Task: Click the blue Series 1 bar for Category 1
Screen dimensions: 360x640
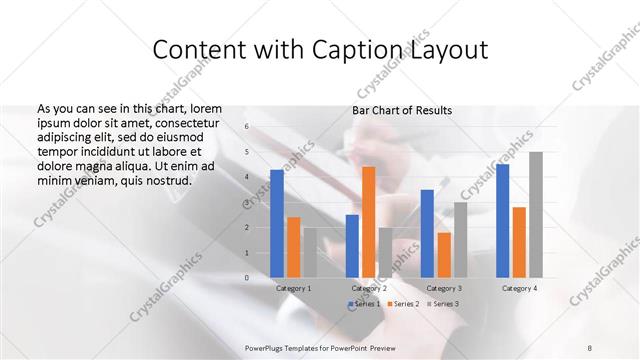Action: tap(277, 223)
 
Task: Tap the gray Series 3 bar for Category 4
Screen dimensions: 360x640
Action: tap(536, 215)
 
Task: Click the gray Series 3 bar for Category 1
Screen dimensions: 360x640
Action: tap(310, 253)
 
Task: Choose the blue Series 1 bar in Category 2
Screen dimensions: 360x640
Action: tap(352, 246)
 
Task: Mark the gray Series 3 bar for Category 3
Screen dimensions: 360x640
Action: tap(460, 240)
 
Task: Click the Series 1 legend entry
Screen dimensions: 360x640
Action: tap(363, 303)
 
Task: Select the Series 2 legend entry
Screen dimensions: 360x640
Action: tap(402, 303)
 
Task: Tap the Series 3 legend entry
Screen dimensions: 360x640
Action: tap(441, 303)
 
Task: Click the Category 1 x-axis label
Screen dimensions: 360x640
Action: tap(294, 288)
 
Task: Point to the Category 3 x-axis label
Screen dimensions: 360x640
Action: tap(443, 288)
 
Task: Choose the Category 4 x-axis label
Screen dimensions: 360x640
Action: tap(518, 288)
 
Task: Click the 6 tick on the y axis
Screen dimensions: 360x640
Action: tap(247, 127)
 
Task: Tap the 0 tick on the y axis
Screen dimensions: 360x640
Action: tap(247, 277)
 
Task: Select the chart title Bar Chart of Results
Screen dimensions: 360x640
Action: tap(402, 110)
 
